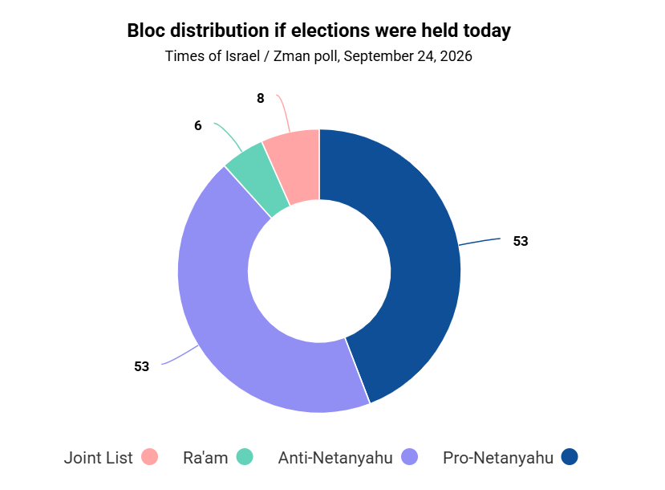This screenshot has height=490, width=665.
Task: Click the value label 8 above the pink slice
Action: (261, 99)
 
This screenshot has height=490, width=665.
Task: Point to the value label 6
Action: (198, 125)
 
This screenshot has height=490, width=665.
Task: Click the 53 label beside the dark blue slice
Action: (521, 241)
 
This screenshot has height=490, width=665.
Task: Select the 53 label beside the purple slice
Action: (142, 366)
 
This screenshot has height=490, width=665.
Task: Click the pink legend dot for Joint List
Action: (149, 457)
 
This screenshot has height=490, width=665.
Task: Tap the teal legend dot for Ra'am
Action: (245, 457)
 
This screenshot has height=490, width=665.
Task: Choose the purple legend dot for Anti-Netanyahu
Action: (409, 457)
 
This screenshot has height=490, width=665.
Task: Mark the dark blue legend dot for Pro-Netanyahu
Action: (570, 457)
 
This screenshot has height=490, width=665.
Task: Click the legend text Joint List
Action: (99, 458)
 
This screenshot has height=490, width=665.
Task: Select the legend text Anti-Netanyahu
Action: (335, 458)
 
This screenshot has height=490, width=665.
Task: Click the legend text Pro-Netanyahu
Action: (498, 458)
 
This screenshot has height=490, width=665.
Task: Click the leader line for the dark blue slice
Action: (480, 241)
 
